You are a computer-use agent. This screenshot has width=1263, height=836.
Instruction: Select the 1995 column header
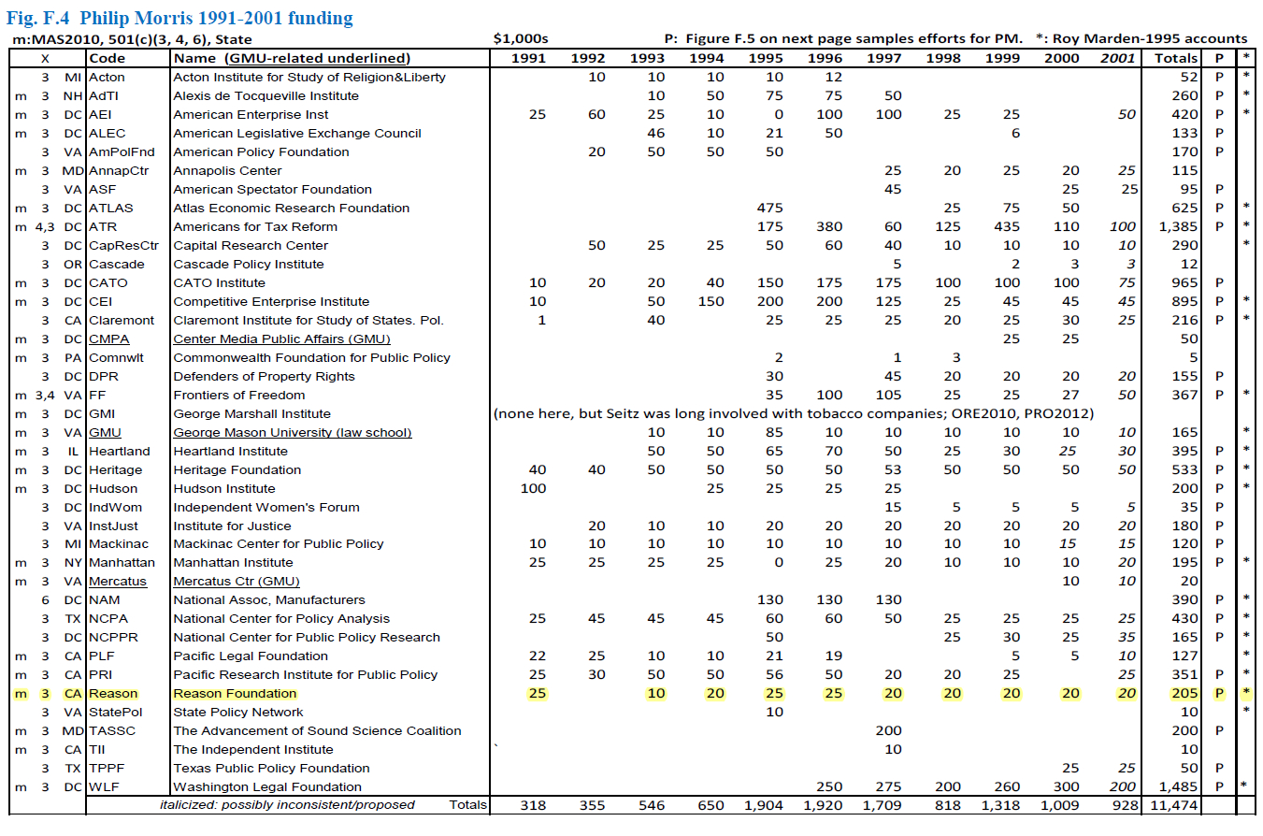click(x=766, y=58)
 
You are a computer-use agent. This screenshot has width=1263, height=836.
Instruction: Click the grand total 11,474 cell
click(x=1174, y=805)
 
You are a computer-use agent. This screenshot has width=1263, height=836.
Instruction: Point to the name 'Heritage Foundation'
click(x=237, y=469)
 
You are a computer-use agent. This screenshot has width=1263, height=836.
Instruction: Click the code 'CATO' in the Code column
click(x=108, y=282)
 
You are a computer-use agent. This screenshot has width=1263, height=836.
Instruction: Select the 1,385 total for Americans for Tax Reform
click(x=1177, y=226)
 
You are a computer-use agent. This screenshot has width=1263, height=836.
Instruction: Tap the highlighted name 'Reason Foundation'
click(x=235, y=694)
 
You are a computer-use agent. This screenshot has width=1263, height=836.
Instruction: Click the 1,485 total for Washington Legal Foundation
click(x=1177, y=786)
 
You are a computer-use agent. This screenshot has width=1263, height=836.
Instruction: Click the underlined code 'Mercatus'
click(x=118, y=582)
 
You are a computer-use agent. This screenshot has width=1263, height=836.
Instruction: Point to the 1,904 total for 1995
click(x=764, y=805)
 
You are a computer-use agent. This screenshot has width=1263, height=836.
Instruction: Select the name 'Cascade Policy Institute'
click(x=248, y=264)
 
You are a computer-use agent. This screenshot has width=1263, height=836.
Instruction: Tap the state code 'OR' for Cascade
click(x=73, y=264)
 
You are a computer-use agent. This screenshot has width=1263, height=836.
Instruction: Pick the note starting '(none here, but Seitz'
click(x=794, y=413)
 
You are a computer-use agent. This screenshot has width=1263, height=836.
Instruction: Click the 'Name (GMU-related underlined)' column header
click(x=292, y=58)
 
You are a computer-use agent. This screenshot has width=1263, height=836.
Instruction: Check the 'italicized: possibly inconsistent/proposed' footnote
click(x=287, y=805)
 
